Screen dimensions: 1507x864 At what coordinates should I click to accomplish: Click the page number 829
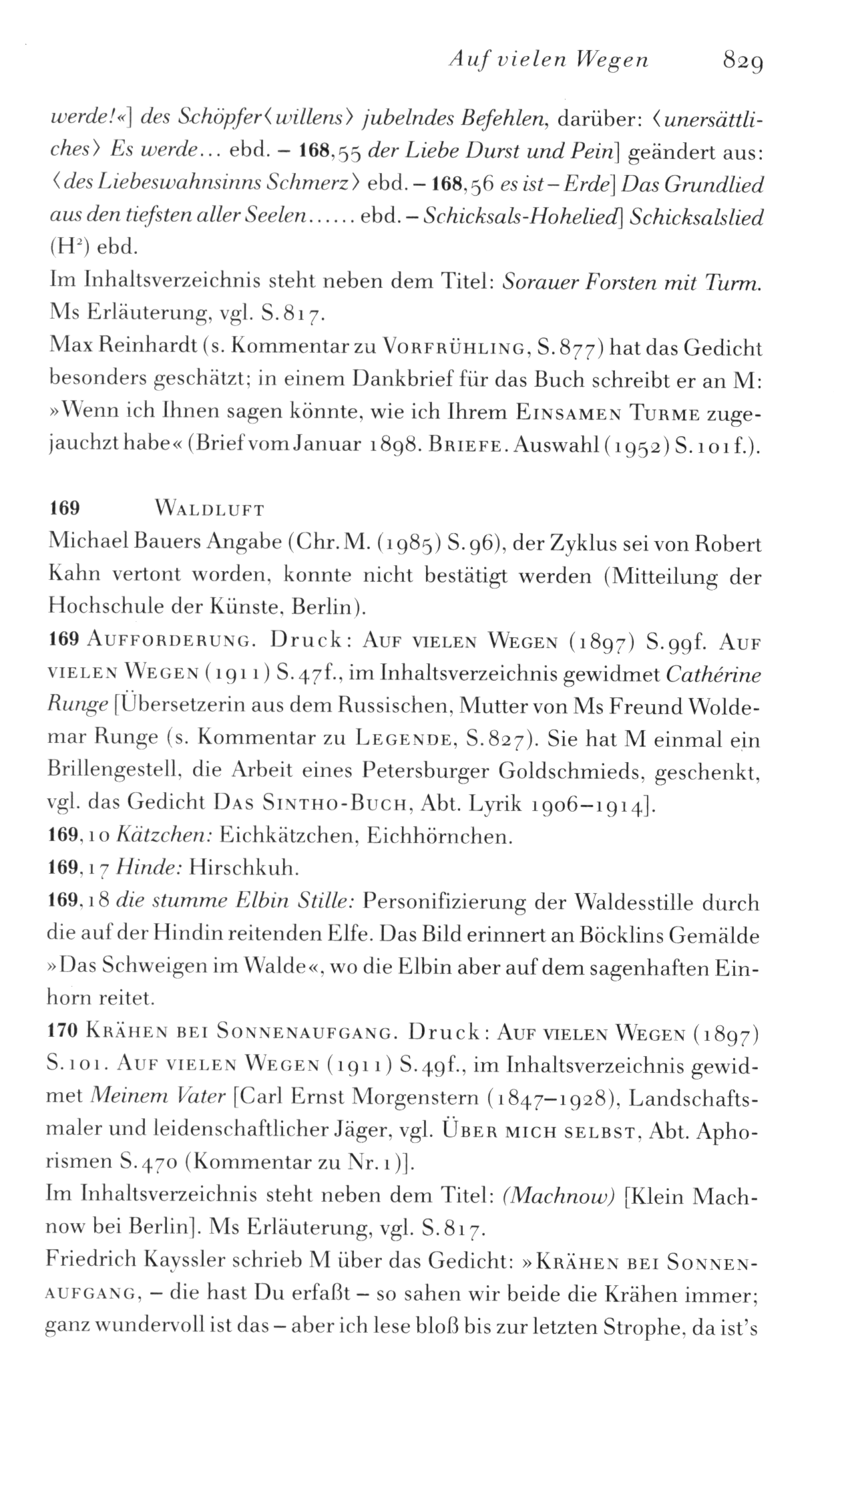tap(742, 62)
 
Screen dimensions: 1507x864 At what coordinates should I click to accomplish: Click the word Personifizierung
tap(441, 903)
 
